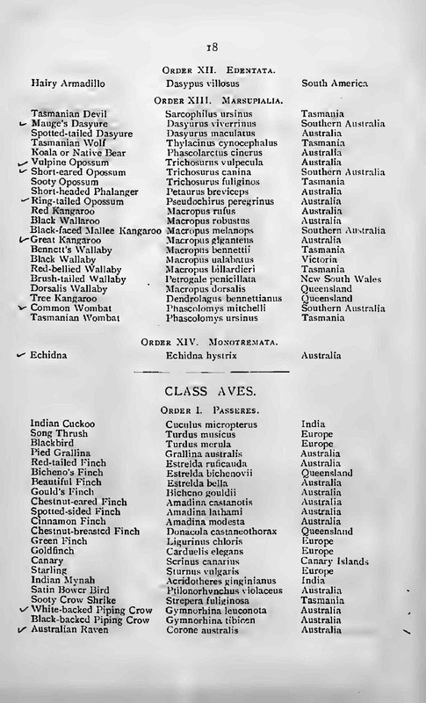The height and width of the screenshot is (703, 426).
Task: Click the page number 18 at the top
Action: point(212,47)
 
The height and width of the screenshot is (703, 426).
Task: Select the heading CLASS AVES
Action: point(212,388)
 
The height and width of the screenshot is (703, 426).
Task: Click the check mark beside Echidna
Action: point(21,355)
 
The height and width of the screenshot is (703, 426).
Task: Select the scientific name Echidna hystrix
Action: point(203,355)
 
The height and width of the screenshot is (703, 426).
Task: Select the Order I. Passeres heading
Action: point(212,410)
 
